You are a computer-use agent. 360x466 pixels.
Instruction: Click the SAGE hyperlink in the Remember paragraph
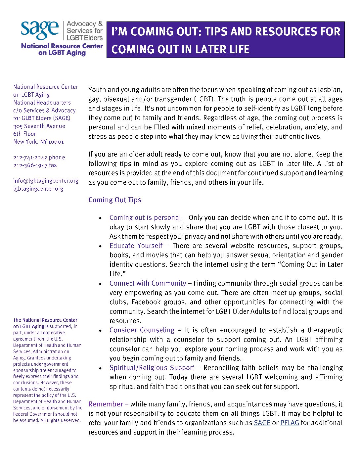262,423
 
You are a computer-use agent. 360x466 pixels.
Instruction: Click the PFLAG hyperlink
290,423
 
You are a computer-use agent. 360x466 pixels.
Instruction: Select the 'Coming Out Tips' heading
114,200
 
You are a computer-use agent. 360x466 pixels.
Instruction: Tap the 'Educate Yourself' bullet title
136,246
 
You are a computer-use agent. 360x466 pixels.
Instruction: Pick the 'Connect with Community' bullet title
148,283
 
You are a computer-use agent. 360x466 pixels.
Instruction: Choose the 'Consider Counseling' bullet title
142,330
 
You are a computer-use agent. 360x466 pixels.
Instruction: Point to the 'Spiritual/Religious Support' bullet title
152,368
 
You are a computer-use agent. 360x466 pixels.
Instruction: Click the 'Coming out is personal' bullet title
145,217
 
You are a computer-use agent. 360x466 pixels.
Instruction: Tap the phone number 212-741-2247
30,158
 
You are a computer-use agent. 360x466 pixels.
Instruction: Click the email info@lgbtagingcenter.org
46,181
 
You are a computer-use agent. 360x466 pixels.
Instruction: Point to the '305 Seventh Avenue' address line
39,126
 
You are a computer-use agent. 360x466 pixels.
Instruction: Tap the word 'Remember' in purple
106,404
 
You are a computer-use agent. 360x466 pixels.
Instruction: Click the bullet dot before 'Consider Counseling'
101,331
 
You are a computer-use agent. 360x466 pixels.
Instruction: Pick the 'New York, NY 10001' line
38,142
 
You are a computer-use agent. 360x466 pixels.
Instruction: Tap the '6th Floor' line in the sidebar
25,134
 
